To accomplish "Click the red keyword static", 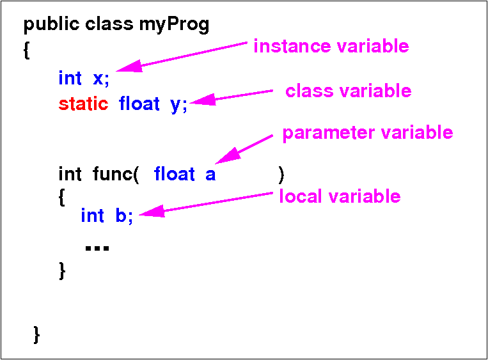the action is (x=83, y=104).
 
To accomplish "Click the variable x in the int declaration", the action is (x=98, y=79).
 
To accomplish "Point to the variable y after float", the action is (x=175, y=106).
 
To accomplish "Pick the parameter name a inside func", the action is (x=210, y=175).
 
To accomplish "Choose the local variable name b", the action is (x=121, y=215).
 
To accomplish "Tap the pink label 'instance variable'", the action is (x=331, y=47).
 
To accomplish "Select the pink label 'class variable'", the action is (x=349, y=91).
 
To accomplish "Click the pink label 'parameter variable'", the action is (x=368, y=133).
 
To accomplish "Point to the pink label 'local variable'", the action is (x=340, y=196).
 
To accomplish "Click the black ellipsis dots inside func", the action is (x=97, y=248).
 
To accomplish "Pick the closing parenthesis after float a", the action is (x=281, y=175).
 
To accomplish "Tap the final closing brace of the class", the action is (x=36, y=335).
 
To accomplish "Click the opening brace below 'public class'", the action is (x=27, y=50).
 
